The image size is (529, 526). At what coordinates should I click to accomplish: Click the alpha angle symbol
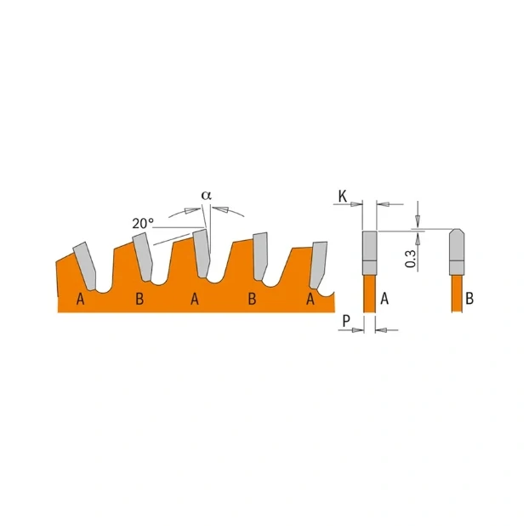[207, 195]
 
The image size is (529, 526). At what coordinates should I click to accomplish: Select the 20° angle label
[143, 223]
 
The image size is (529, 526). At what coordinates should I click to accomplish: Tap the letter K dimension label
[343, 196]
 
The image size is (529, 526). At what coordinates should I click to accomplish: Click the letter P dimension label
[346, 320]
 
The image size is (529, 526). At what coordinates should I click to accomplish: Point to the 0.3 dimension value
[411, 259]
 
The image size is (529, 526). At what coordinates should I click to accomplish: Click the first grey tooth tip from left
[85, 266]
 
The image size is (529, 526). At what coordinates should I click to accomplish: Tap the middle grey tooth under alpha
[201, 254]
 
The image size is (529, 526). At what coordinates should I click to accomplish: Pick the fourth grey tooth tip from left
[260, 256]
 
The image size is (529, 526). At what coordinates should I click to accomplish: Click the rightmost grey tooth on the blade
[319, 265]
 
